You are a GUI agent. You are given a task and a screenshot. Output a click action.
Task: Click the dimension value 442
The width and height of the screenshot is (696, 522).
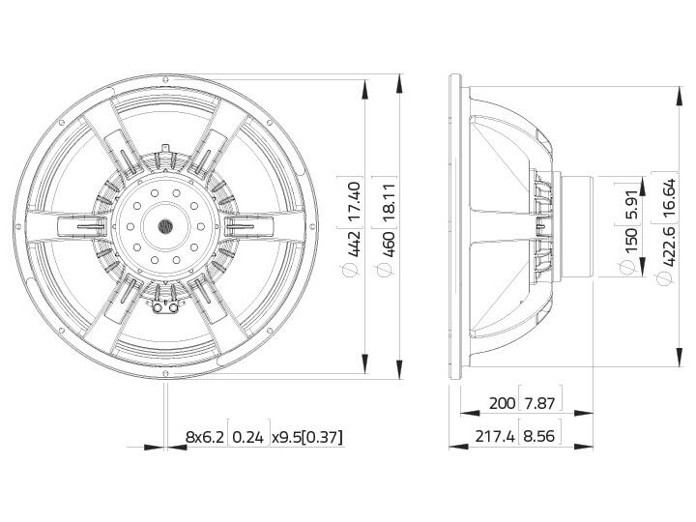click(x=354, y=244)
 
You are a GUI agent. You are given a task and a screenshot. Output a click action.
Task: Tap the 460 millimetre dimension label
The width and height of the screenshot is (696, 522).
click(x=388, y=244)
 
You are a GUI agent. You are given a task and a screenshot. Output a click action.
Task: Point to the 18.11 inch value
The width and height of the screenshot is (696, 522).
click(x=388, y=202)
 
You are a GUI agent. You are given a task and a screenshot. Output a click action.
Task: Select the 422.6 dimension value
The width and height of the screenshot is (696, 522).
click(x=668, y=246)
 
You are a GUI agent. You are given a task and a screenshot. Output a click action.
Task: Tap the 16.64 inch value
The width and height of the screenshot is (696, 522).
click(x=668, y=198)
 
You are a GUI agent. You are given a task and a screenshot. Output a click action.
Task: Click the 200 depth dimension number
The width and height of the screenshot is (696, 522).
click(x=502, y=403)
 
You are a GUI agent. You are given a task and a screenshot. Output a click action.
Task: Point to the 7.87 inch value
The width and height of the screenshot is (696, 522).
click(x=539, y=403)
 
